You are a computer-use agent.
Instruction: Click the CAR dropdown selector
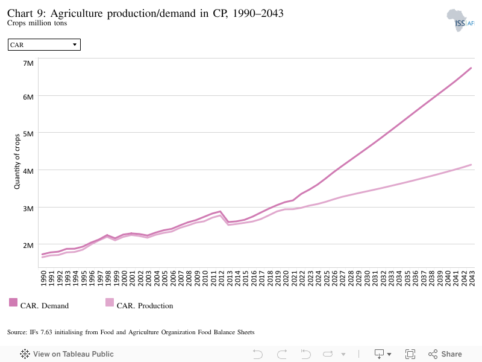(x=44, y=45)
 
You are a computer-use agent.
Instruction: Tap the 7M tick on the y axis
(x=28, y=63)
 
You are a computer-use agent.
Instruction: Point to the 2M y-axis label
(x=28, y=246)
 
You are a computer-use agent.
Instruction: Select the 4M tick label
(x=28, y=171)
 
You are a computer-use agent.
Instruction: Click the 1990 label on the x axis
(x=43, y=278)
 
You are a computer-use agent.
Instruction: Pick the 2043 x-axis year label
(x=472, y=278)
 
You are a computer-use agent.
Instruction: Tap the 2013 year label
(x=230, y=278)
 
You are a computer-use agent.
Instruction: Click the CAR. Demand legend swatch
(x=13, y=302)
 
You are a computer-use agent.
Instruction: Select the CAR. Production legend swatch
(x=110, y=302)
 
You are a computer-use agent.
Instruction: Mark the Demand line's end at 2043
(x=471, y=68)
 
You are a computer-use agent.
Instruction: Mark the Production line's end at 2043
(x=471, y=165)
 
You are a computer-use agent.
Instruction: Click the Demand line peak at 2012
(x=220, y=212)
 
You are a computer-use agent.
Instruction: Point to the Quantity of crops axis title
(x=17, y=161)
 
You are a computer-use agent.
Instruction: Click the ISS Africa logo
(x=460, y=21)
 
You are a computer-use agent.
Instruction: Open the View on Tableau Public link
(x=67, y=354)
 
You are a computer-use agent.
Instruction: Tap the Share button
(x=445, y=354)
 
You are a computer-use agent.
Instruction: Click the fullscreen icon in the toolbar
(x=410, y=354)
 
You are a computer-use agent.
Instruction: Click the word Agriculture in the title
(x=77, y=13)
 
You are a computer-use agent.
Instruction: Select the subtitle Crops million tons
(x=37, y=23)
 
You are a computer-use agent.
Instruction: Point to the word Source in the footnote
(x=17, y=332)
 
